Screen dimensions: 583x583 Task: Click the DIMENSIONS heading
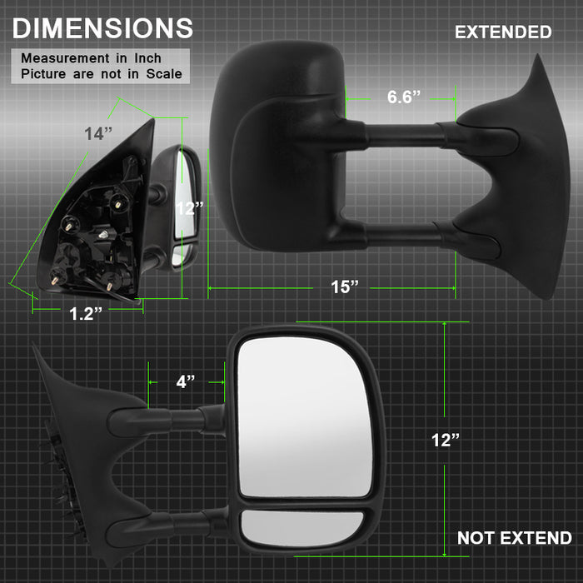click(102, 28)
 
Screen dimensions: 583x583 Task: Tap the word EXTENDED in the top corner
click(503, 32)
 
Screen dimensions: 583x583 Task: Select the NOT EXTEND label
click(514, 538)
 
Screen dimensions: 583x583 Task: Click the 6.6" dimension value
click(403, 97)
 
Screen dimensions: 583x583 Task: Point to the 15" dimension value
click(345, 287)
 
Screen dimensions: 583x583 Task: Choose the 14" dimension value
click(98, 133)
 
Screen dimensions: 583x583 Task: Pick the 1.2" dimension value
click(86, 313)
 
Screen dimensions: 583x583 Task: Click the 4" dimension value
click(186, 381)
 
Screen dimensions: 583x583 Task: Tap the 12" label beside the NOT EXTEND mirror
click(446, 441)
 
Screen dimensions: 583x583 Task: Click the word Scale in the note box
click(164, 73)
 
